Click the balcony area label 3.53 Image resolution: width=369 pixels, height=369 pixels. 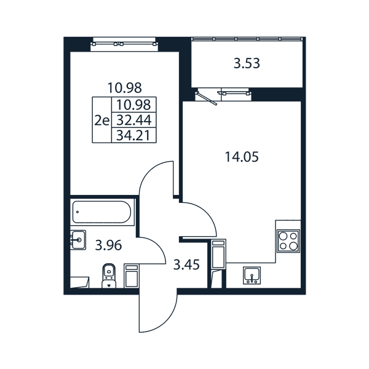(247, 63)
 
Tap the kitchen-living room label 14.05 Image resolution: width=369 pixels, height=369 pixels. (242, 157)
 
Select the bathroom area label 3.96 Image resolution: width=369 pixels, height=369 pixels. (108, 245)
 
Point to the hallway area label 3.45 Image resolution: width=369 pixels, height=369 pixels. (186, 264)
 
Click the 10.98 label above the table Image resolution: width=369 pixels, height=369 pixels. (124, 88)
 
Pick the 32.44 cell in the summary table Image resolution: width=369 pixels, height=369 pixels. (134, 121)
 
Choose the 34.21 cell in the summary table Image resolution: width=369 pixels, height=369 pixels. (133, 135)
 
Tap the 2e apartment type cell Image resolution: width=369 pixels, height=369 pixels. (101, 121)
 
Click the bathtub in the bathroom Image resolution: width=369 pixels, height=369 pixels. (102, 212)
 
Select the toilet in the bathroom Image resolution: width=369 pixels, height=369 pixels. (109, 276)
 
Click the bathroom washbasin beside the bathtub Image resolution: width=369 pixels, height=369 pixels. (78, 240)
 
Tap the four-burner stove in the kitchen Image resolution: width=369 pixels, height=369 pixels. (288, 240)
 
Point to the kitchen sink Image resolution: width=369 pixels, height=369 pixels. (252, 276)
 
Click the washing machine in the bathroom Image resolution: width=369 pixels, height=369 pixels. (132, 276)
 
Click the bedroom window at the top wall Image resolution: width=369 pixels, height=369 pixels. (124, 44)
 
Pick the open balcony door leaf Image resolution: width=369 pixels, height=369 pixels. (207, 98)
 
